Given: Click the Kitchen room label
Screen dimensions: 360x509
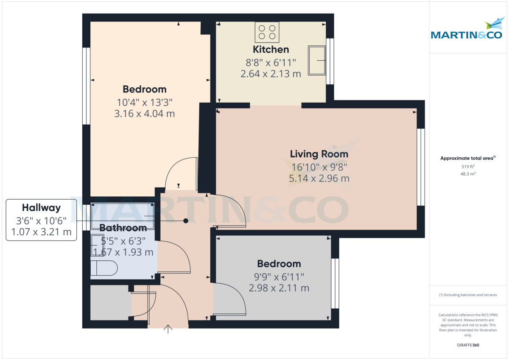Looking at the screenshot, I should tap(271, 50).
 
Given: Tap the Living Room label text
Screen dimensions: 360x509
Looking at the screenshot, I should tap(319, 154).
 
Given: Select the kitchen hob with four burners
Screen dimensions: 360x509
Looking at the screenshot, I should tap(267, 32).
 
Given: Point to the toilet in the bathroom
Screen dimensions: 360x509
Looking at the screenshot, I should tap(104, 268).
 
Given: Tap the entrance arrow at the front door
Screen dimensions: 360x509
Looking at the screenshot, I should tap(168, 329).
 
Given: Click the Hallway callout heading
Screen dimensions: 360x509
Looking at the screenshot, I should tap(41, 208).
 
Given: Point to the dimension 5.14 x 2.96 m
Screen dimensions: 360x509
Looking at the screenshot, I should tap(319, 179).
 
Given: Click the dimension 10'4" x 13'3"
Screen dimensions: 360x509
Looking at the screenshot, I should tap(145, 102).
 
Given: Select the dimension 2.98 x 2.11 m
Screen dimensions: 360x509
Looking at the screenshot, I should tap(279, 288).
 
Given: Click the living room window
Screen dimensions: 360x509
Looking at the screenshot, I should tap(420, 167).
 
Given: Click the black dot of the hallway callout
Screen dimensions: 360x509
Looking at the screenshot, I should tap(186, 220).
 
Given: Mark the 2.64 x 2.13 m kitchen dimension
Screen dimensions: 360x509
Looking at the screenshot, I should tap(271, 74).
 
